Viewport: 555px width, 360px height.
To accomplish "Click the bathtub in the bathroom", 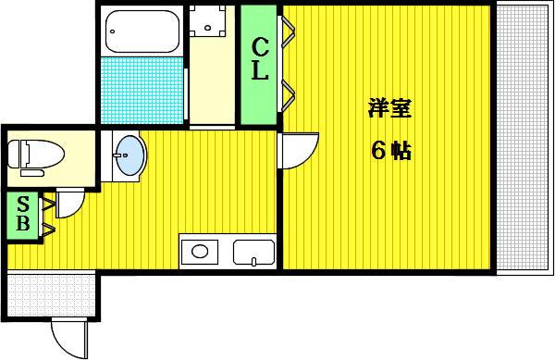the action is [x=142, y=31].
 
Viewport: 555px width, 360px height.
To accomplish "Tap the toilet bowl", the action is [x=36, y=155].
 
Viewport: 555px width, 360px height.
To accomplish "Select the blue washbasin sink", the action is [x=130, y=156].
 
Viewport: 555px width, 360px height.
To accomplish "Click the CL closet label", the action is [x=260, y=58].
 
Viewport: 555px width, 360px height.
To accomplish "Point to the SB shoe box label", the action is [x=23, y=214].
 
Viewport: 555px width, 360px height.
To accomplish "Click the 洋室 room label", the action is [x=389, y=108].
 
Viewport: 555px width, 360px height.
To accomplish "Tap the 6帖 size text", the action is [x=390, y=151].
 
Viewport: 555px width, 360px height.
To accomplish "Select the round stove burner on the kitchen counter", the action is [x=200, y=252].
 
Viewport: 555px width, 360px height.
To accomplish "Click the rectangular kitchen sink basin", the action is [x=253, y=253].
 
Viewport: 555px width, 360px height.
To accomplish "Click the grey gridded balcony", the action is [x=524, y=138].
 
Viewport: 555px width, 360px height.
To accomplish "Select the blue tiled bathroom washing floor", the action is [x=142, y=91].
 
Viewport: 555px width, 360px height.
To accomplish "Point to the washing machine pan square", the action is [x=208, y=21].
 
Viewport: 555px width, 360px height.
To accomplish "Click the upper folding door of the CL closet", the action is [x=288, y=31].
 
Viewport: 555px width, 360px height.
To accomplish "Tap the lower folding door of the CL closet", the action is [x=288, y=94].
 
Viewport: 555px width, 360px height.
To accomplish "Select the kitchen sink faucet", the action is [x=253, y=262].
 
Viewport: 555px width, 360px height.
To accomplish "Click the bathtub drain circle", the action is [x=113, y=31].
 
